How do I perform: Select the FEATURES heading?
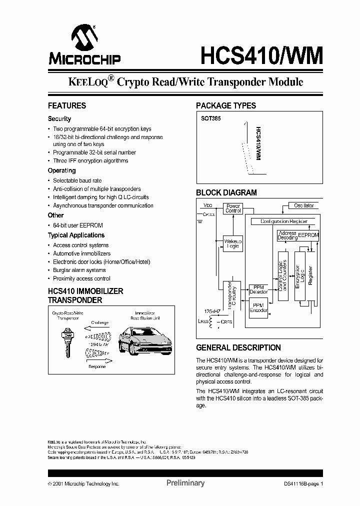[66, 106]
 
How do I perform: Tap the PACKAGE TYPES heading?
[225, 106]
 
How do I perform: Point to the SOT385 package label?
[210, 119]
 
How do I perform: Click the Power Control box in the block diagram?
[233, 208]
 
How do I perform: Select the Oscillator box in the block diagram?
[303, 205]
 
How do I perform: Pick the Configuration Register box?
[283, 221]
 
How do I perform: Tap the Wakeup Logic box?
[232, 243]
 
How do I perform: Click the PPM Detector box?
[258, 289]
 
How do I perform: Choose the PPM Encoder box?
[258, 307]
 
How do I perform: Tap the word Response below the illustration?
[97, 366]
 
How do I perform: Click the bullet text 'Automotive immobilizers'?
[81, 253]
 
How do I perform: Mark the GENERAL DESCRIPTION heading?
[238, 347]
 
